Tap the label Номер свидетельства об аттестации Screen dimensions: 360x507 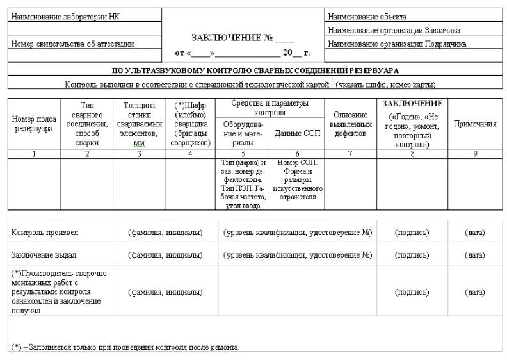tap(73, 44)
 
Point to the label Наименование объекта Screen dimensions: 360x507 tap(367, 17)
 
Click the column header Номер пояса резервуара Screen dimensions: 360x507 tap(33, 124)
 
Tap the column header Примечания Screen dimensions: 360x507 tap(475, 124)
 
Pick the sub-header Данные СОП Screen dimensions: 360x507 tap(297, 134)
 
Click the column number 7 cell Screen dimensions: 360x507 tap(350, 154)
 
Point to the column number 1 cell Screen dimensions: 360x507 tap(33, 154)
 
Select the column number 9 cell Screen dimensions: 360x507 tap(475, 154)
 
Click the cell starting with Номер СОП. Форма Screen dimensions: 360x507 tap(298, 179)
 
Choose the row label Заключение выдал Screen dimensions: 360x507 tap(44, 255)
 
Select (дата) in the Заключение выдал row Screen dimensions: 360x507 tap(474, 255)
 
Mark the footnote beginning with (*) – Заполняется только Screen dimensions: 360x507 tap(124, 347)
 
